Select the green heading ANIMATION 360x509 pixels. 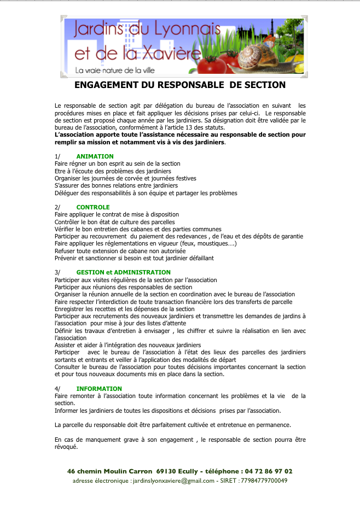point(95,156)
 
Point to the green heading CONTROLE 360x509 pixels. point(93,207)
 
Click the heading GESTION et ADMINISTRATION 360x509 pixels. point(124,272)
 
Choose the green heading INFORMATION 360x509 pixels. point(99,389)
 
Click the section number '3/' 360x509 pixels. point(57,272)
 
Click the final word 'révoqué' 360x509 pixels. point(66,447)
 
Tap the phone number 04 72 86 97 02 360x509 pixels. point(268,471)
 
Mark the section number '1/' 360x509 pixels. point(57,156)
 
